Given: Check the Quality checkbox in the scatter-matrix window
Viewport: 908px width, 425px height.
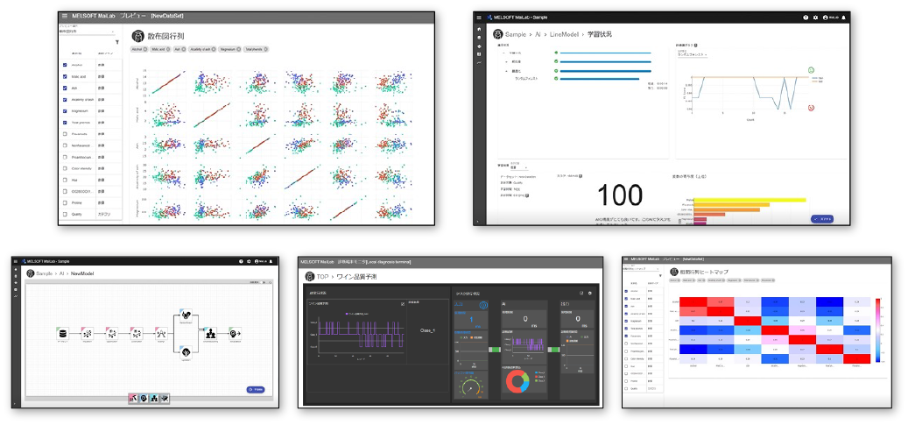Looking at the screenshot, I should (65, 214).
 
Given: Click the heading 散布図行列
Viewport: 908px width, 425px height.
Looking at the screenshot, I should (165, 36).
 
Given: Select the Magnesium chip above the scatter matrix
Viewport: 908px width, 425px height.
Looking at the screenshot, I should (229, 49).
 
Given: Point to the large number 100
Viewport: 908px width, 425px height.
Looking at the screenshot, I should (619, 195).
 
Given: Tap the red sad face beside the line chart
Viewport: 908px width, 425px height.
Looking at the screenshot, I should (811, 108).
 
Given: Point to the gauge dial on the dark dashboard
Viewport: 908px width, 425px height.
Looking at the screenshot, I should (471, 386).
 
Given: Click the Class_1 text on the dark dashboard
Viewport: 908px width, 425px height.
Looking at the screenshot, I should (426, 334).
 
